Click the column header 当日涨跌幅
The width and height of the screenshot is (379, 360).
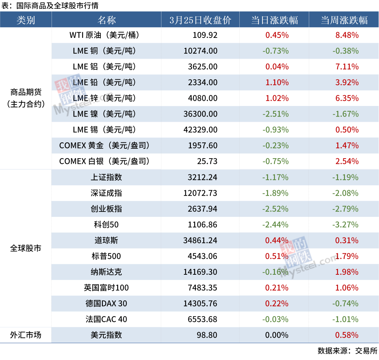point(274,20)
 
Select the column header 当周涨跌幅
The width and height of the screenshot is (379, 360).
point(344,20)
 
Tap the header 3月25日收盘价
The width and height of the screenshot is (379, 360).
point(200,20)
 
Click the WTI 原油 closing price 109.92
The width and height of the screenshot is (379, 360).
point(205,35)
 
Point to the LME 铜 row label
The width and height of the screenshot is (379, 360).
point(104,51)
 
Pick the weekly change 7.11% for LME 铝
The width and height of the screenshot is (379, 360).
point(347,67)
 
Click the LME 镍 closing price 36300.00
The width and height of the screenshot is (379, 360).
point(200,114)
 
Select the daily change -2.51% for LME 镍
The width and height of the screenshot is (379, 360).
point(275,114)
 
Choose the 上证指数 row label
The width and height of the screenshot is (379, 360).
point(106,177)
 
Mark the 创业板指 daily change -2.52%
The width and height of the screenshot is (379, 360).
point(275,209)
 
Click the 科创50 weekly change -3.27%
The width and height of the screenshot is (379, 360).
point(346,225)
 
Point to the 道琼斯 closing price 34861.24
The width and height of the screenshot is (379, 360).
point(200,240)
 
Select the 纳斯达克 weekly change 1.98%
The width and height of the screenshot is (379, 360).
point(347,272)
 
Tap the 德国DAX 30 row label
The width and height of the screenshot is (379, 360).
point(106,304)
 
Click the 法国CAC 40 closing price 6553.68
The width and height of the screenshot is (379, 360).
point(202,319)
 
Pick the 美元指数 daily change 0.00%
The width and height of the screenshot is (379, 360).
point(277,335)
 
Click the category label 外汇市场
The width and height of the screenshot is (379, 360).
point(26,335)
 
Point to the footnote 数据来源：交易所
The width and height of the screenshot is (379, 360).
point(347,351)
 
